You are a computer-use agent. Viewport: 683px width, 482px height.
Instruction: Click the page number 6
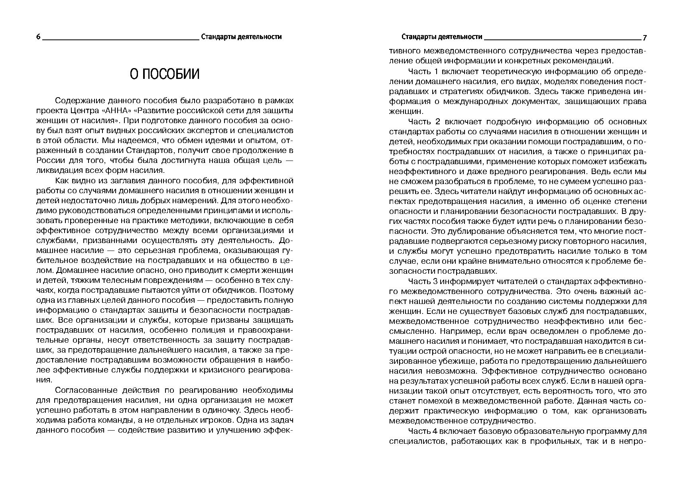[38, 37]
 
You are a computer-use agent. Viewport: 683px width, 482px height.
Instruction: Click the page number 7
[644, 38]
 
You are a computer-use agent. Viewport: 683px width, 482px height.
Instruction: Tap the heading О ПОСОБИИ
[165, 74]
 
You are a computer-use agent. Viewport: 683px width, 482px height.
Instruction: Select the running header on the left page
[241, 37]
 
